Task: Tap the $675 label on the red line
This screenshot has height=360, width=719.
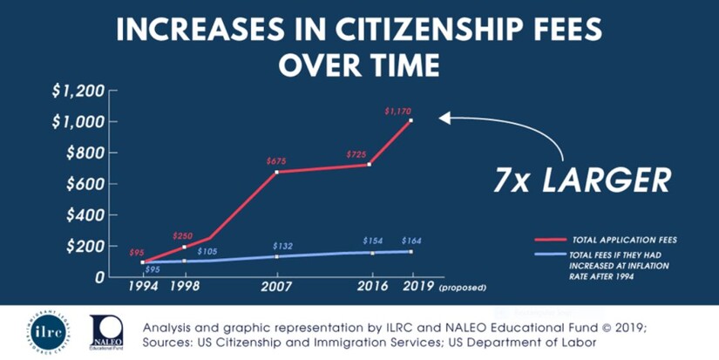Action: click(277, 161)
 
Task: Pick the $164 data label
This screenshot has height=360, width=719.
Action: click(412, 241)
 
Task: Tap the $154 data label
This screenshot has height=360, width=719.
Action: click(373, 241)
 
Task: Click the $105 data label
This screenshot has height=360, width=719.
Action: click(206, 251)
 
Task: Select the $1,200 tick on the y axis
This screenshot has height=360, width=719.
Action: click(78, 91)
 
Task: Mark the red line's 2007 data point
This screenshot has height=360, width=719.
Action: click(277, 172)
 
